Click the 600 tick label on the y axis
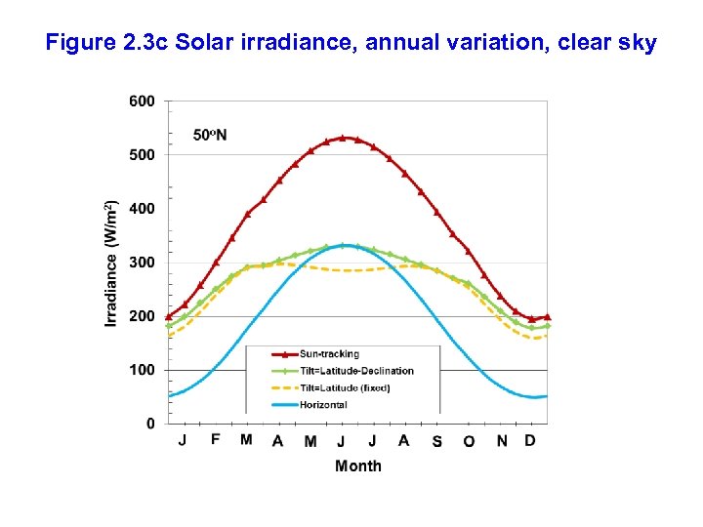click(142, 101)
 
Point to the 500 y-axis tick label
click(142, 154)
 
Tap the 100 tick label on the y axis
click(142, 370)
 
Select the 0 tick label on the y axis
click(150, 424)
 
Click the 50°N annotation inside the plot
click(210, 135)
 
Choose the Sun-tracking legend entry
click(329, 354)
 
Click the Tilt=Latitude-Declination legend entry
click(356, 371)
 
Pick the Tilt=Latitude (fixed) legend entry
click(345, 387)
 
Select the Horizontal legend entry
click(323, 404)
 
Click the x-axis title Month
click(358, 466)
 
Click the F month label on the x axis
click(215, 440)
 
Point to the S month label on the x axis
click(436, 441)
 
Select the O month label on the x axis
click(469, 441)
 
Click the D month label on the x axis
click(530, 440)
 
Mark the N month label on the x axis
click(502, 441)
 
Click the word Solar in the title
click(206, 43)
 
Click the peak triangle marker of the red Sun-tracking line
click(342, 138)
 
